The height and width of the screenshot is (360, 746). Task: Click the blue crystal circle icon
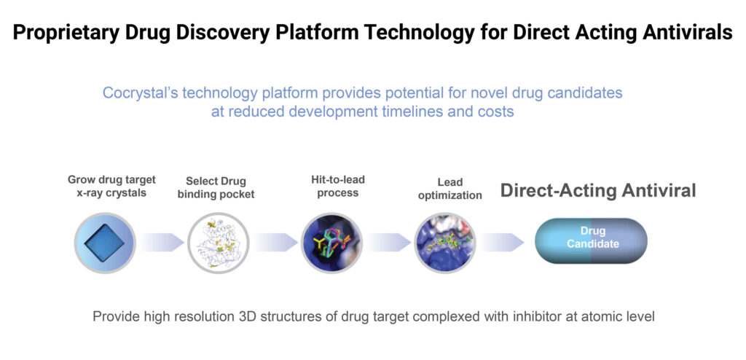tap(105, 243)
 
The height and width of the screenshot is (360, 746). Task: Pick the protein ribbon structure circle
tap(219, 243)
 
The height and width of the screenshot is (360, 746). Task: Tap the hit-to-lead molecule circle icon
tap(332, 243)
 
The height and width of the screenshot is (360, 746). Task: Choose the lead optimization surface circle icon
tap(445, 243)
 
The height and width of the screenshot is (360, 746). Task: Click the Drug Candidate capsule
tap(592, 241)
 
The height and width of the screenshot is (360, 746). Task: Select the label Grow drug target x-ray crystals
tap(111, 187)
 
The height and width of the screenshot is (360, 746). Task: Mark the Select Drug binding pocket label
tap(216, 187)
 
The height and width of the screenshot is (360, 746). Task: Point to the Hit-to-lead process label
tap(337, 186)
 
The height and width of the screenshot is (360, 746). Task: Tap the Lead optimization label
tap(450, 189)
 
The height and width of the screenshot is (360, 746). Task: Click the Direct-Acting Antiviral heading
tap(598, 190)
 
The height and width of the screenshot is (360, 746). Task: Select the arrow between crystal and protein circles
tap(162, 243)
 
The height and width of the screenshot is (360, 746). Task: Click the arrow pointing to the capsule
tap(502, 243)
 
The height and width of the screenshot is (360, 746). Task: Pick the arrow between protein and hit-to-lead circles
tap(275, 243)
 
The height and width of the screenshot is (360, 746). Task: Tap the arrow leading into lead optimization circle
tap(389, 243)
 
